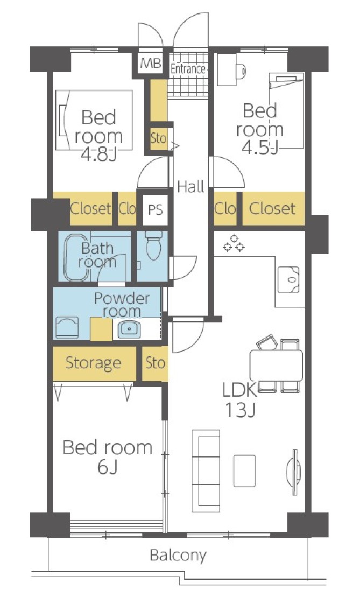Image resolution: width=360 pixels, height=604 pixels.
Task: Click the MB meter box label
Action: coord(151,64)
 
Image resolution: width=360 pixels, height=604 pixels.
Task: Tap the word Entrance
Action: coord(188,69)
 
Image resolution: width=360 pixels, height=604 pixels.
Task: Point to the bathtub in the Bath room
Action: coord(77,257)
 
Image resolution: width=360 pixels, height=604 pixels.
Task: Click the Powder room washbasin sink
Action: coord(129,329)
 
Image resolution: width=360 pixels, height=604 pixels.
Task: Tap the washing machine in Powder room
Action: coord(67,327)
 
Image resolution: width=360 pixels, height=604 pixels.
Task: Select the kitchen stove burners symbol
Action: coord(234,243)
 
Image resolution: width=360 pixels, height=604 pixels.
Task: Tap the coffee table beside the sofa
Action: coord(244,470)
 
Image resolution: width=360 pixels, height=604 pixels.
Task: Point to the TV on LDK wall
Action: coord(294,472)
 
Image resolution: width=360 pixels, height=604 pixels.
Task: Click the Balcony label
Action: coord(178,556)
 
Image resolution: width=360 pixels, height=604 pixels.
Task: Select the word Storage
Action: coord(93,363)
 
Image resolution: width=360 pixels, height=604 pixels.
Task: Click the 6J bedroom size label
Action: coord(108,467)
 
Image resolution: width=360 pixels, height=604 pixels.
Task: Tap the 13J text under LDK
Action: coord(240,411)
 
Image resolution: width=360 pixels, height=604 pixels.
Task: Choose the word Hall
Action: coord(191,187)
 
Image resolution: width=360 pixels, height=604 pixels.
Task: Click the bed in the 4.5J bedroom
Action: coord(286,110)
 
